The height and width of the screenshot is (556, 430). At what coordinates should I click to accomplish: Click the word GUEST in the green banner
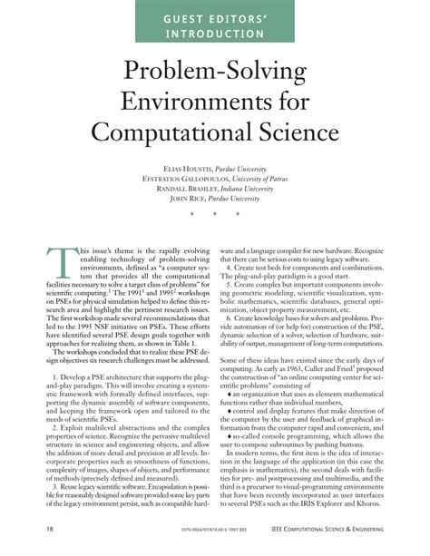(165, 17)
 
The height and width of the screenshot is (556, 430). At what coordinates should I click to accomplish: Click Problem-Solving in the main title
(214, 76)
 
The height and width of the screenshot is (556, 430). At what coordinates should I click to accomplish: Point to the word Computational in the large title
(172, 141)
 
